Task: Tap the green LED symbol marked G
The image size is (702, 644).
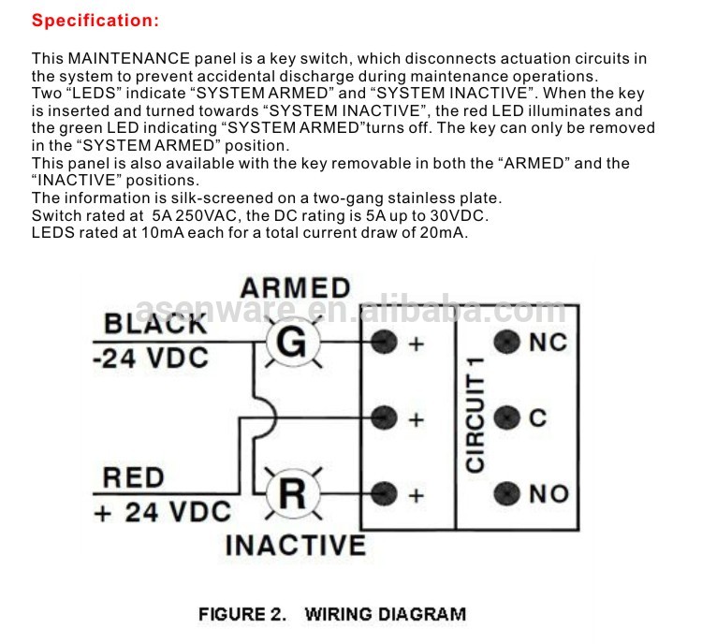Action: pos(293,344)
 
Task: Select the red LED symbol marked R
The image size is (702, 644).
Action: pos(293,492)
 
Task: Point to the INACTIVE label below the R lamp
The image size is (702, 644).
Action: pos(295,544)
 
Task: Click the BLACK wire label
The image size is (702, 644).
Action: pos(154,324)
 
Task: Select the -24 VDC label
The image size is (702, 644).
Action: pos(151,359)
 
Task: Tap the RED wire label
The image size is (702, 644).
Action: pos(134,477)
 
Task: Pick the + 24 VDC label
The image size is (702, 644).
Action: pos(161,512)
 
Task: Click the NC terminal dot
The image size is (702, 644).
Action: pos(507,343)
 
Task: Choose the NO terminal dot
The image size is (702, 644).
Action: pos(507,493)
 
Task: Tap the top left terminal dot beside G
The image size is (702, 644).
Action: pos(382,343)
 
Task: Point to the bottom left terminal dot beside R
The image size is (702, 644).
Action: pos(382,492)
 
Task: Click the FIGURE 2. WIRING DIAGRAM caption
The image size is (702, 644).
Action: pos(331,615)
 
